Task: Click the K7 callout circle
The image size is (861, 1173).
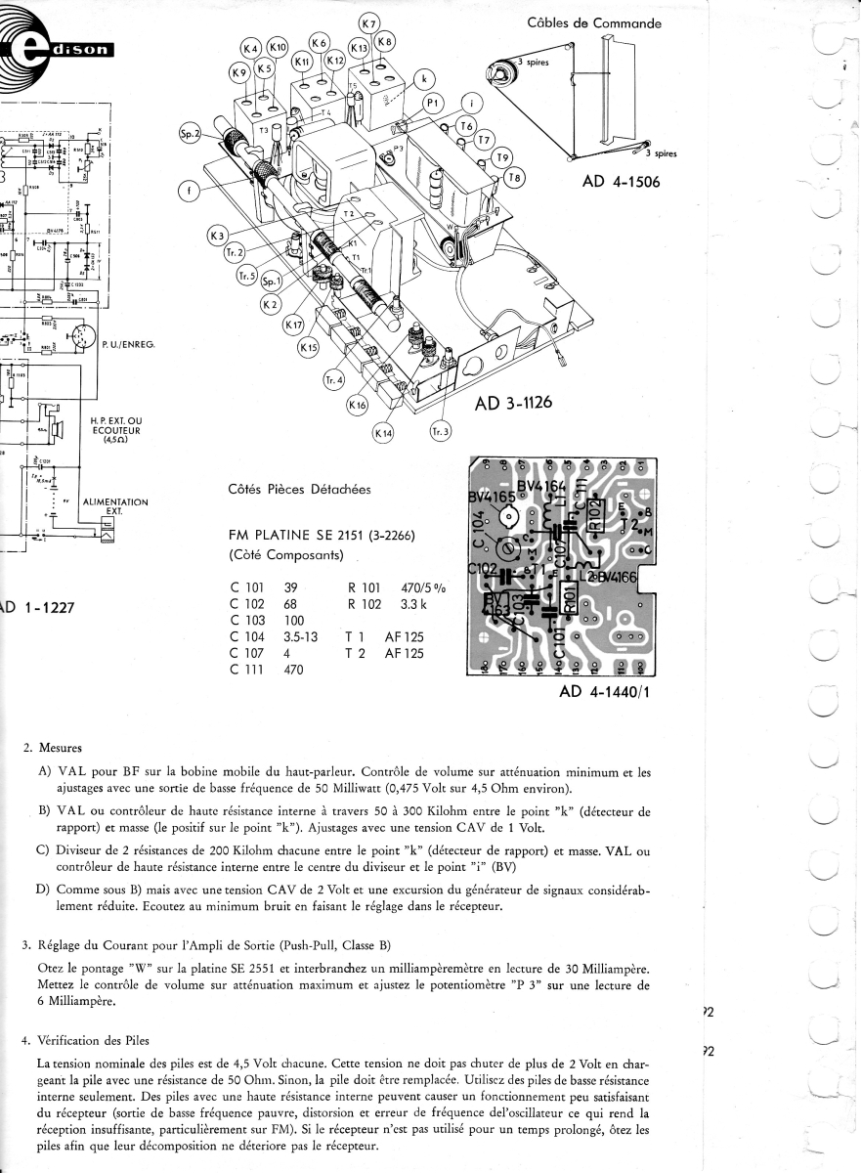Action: (x=369, y=23)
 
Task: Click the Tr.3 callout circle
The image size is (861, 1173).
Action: (x=441, y=431)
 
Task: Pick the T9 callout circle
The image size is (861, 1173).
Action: (x=502, y=158)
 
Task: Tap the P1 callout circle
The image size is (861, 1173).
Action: (x=433, y=103)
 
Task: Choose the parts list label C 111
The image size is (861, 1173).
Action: (x=246, y=670)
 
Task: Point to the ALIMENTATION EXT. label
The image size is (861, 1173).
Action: (x=115, y=506)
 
